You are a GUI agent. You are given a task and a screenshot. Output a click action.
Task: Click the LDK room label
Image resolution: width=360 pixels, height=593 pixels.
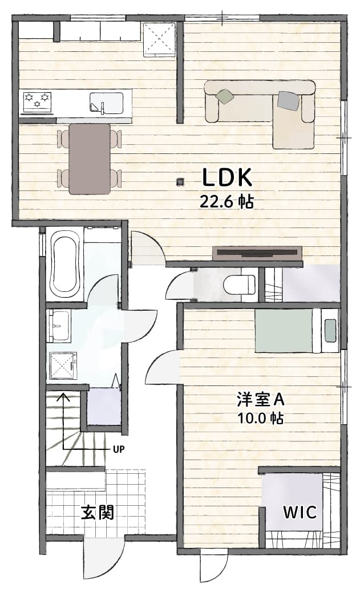point(227,178)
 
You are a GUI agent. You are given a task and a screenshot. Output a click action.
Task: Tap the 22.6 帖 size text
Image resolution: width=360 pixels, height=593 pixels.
point(226,202)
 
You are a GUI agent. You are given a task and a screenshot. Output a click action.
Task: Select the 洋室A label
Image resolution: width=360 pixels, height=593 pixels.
point(260,399)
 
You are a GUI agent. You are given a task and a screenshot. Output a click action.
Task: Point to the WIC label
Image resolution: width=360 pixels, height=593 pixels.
point(300,513)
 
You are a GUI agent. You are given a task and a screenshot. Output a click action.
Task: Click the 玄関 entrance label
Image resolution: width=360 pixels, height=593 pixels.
point(98,513)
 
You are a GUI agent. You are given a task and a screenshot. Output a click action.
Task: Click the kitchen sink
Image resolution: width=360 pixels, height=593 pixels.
point(106,103)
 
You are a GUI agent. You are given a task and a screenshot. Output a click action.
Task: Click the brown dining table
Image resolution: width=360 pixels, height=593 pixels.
point(90,159)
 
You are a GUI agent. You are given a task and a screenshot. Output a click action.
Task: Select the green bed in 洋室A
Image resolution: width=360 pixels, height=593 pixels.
point(284,331)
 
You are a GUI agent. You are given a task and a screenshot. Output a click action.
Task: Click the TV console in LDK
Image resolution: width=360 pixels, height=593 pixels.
point(257,253)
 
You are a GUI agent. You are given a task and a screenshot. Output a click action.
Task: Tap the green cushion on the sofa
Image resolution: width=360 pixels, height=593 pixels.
point(225,95)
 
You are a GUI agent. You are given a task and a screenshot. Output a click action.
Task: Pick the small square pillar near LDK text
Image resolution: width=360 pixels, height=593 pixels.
point(180,182)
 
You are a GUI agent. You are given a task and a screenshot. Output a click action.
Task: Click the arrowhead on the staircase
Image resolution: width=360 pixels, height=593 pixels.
point(63,397)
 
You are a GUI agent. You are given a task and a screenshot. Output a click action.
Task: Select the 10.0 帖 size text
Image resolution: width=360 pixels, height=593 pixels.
point(260,418)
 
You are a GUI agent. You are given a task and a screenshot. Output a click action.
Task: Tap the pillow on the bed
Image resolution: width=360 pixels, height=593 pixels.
point(330,330)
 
